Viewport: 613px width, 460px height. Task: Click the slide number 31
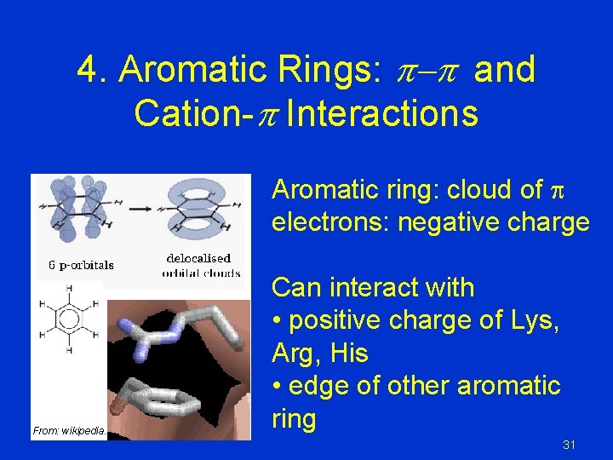[x=570, y=445]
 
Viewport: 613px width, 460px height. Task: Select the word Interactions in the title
[x=382, y=113]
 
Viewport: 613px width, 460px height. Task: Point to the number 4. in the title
[x=93, y=70]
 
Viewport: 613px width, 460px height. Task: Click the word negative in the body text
[x=433, y=223]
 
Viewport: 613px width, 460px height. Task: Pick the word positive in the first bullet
[x=340, y=320]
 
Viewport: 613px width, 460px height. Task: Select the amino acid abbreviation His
[x=350, y=353]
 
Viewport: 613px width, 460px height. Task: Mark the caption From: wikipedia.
[x=69, y=431]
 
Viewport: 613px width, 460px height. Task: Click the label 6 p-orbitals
[x=81, y=265]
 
